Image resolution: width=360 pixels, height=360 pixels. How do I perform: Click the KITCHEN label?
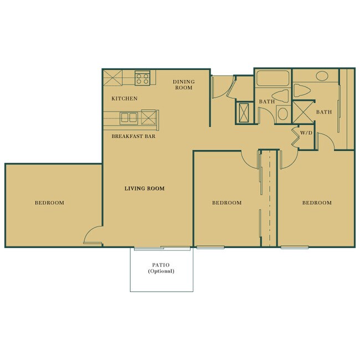[124, 99]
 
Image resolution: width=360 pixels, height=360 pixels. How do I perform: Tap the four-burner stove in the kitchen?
[142, 78]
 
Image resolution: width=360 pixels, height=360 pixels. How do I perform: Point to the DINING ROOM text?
[183, 84]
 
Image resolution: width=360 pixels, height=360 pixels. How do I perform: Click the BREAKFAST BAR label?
[133, 136]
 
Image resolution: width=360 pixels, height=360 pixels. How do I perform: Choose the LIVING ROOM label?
[144, 189]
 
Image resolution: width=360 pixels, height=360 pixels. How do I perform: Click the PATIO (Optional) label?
[161, 268]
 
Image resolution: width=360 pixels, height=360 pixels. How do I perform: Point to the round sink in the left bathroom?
[282, 114]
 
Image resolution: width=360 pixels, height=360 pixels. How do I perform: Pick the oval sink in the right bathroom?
[321, 77]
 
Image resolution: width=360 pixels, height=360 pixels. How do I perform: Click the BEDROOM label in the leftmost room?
[49, 203]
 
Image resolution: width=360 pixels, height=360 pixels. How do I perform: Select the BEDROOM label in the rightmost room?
[317, 203]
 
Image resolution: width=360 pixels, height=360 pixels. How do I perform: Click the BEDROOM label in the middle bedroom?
[227, 203]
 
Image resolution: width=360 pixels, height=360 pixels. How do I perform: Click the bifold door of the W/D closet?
[296, 139]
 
